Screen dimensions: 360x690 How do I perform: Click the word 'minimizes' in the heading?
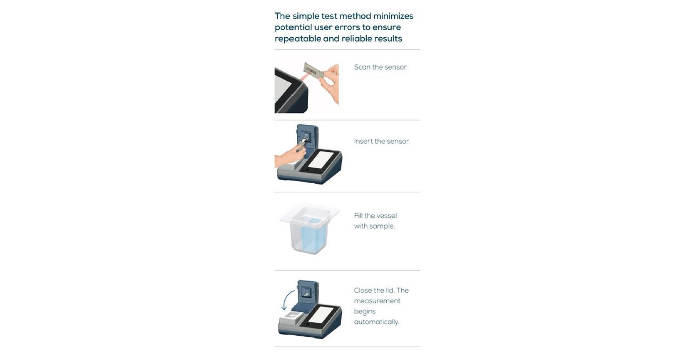(393, 16)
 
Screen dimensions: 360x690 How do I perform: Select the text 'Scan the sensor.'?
(381, 67)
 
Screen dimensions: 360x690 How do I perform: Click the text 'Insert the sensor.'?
(382, 141)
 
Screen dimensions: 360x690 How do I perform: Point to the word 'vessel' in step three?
(387, 216)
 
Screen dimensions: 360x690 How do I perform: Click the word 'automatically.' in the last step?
(376, 322)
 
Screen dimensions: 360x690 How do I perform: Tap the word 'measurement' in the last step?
(377, 301)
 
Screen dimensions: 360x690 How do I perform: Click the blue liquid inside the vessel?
(310, 236)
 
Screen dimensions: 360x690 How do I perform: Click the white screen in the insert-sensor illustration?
(324, 161)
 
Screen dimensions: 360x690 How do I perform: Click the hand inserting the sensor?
(287, 157)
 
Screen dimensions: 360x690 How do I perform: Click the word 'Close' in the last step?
(363, 290)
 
